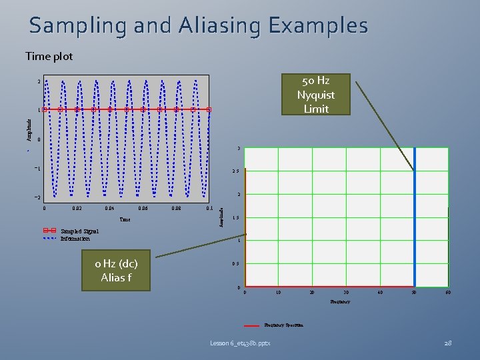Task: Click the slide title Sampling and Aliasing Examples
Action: coord(198,26)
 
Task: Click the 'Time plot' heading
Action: coord(49,57)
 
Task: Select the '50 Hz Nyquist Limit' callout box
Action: coord(316,95)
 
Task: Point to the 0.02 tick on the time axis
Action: coord(78,208)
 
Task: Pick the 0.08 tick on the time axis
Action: coord(176,208)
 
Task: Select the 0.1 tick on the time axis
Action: coord(209,208)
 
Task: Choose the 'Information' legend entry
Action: coord(75,238)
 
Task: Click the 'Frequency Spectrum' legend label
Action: coord(283,325)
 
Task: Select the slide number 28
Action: coord(448,343)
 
